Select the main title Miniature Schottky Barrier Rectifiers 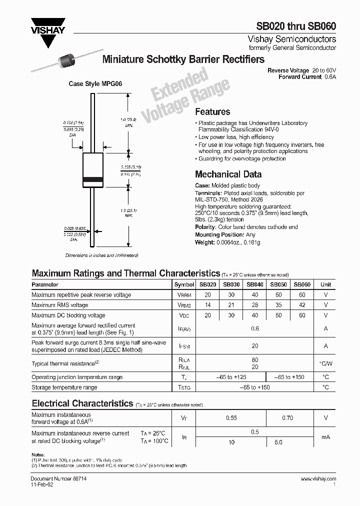[x=183, y=59]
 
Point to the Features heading [x=212, y=112]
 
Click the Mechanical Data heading [x=228, y=174]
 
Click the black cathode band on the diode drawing [x=92, y=179]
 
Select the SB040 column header [x=255, y=284]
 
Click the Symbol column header [x=183, y=284]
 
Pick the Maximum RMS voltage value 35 [x=278, y=305]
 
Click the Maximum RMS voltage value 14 [x=208, y=305]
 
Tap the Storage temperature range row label [x=64, y=387]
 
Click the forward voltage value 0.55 [x=231, y=418]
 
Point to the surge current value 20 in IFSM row [x=255, y=346]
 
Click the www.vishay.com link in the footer [x=318, y=479]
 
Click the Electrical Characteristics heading [x=82, y=403]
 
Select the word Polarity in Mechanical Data [x=204, y=227]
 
